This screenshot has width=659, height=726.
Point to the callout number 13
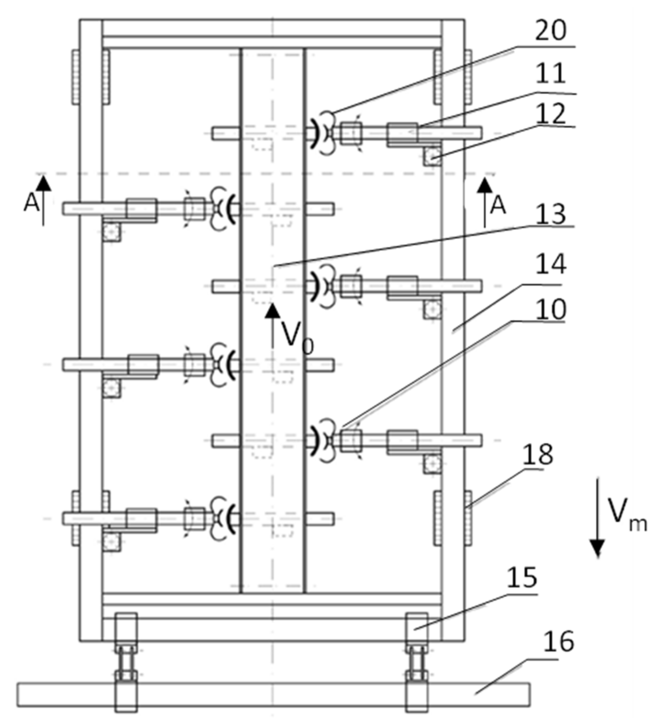(x=550, y=215)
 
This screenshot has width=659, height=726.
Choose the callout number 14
(x=550, y=265)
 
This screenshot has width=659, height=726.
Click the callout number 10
(x=550, y=309)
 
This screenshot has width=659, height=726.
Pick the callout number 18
(x=537, y=455)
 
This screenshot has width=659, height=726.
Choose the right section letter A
(x=498, y=206)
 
